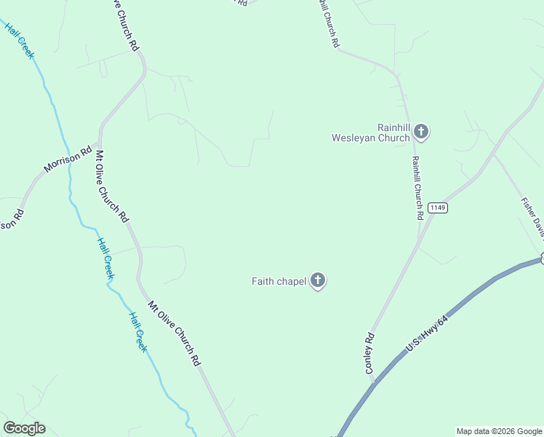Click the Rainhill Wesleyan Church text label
[371, 132]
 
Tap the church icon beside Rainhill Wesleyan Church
[421, 132]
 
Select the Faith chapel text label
[279, 281]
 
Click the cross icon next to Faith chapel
[317, 280]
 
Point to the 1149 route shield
[437, 208]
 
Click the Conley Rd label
[370, 353]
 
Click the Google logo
[24, 428]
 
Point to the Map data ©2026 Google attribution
[499, 431]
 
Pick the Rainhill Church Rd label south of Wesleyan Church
[417, 188]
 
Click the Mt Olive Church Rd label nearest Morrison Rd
[113, 186]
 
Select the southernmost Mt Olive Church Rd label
[174, 334]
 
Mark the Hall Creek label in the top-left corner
[20, 40]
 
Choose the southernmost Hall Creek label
[138, 332]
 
